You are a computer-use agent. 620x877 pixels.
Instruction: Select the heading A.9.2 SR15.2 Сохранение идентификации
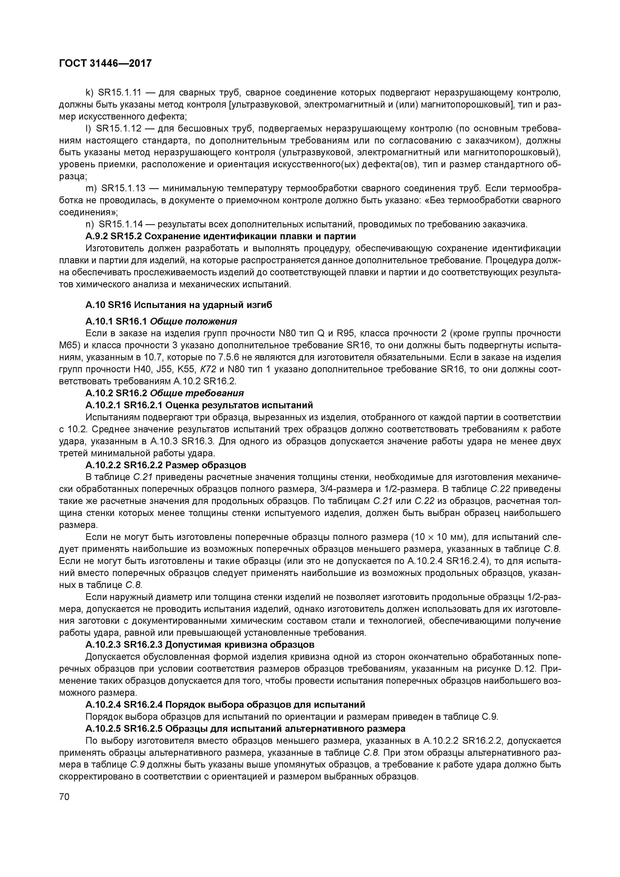(220, 236)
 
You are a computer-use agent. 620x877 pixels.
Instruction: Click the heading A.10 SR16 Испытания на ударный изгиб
(179, 305)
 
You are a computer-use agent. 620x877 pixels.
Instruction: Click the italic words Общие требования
(197, 393)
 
